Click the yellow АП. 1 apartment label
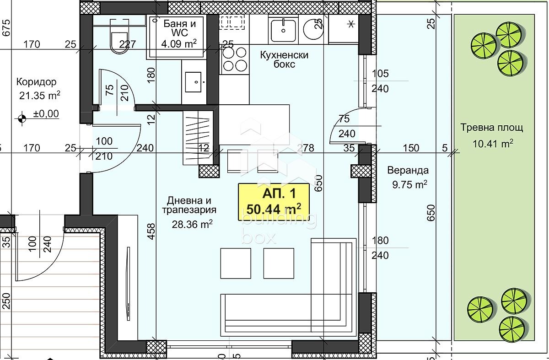[274, 201]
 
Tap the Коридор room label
[37, 82]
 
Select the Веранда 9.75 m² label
[408, 177]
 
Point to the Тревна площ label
[491, 128]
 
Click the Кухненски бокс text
[284, 59]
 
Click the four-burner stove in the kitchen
[234, 59]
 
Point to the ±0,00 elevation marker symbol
[22, 118]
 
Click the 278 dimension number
[306, 148]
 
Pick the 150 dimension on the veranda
[411, 148]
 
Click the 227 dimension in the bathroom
[128, 44]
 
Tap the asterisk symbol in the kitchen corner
[351, 24]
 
